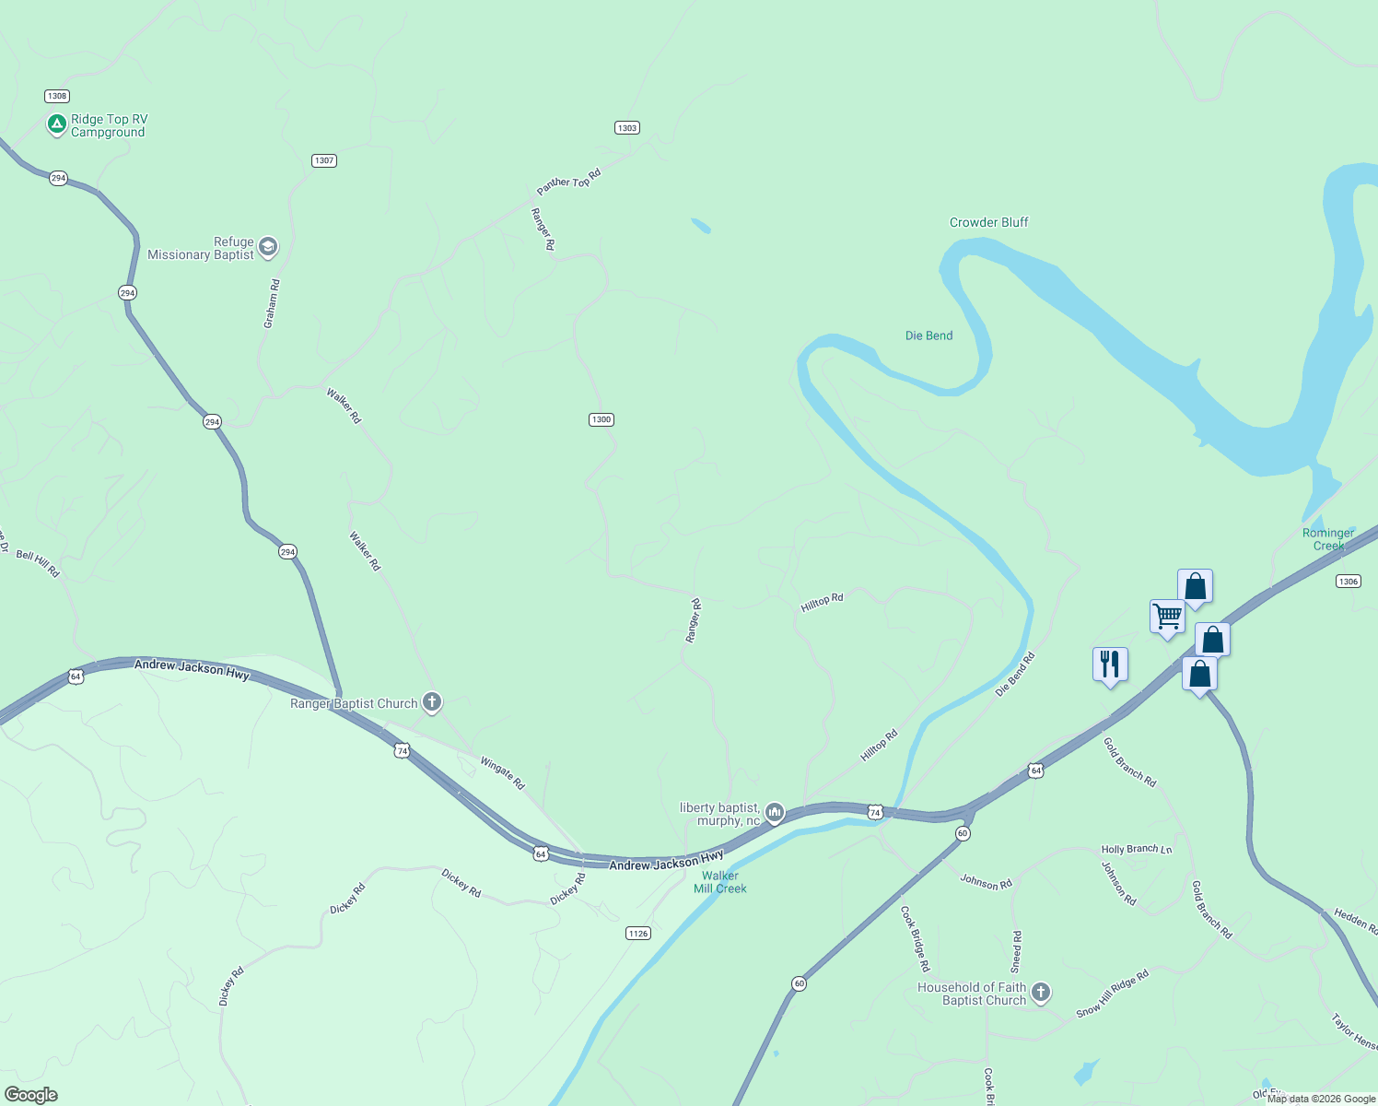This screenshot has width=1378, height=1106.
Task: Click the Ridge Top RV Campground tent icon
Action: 56,124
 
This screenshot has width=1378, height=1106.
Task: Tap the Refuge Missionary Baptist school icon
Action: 268,247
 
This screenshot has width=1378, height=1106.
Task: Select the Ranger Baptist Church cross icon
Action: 431,702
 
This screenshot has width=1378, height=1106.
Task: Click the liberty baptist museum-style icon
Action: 775,812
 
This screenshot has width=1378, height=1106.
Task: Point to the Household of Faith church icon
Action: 1041,993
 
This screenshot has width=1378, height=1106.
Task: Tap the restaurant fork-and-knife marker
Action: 1110,664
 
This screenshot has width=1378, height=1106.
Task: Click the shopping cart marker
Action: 1167,616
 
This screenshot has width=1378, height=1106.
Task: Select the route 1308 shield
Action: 57,96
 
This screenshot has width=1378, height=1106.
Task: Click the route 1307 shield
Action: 323,160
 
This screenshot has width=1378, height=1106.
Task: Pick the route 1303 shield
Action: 627,128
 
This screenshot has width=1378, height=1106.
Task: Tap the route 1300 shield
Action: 601,419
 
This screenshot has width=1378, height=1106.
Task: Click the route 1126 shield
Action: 638,934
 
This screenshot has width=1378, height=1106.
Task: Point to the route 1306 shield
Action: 1348,581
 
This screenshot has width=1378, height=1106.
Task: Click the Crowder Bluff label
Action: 988,222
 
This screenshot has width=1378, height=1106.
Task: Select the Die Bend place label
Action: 928,335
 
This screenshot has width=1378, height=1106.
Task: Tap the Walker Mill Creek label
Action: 719,882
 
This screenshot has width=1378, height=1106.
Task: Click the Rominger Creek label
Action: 1328,539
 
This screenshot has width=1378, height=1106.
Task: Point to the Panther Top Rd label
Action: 568,179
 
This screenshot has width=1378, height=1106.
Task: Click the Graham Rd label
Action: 272,303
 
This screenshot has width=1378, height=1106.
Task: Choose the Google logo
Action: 31,1095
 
